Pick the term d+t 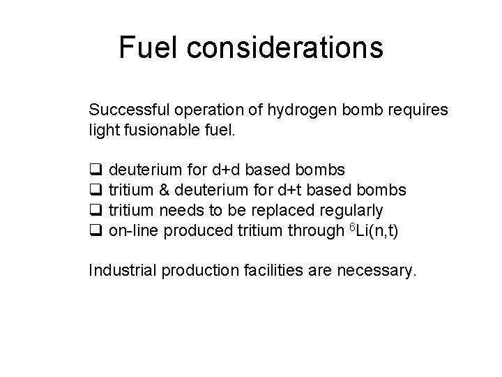(x=308, y=190)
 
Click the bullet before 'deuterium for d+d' (x=96, y=171)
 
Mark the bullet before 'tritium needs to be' (x=96, y=211)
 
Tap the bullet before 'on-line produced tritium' (x=96, y=231)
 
